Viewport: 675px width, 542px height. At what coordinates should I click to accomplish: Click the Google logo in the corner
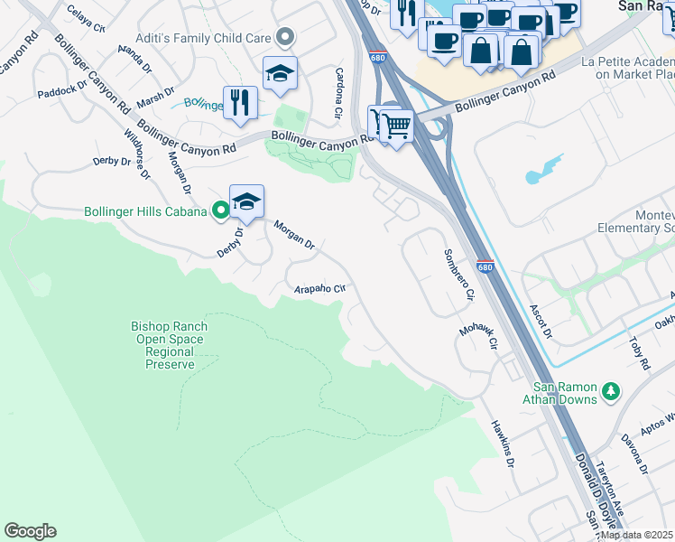tap(30, 531)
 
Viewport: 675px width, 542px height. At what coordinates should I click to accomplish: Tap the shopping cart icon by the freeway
tap(395, 126)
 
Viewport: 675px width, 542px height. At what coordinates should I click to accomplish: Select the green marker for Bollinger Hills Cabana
tap(219, 211)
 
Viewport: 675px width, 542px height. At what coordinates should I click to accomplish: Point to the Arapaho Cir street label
tap(320, 289)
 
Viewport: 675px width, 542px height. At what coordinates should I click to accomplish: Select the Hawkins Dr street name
tap(503, 444)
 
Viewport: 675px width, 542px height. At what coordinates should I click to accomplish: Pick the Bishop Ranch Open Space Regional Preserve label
tap(170, 345)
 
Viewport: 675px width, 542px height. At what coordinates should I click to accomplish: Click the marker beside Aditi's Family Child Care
tap(286, 37)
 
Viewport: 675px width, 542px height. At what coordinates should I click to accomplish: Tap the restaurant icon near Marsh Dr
tap(239, 102)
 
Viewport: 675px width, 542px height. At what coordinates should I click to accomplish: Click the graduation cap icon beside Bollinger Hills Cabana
tap(246, 201)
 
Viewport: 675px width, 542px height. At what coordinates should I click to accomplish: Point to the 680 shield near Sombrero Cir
tap(485, 266)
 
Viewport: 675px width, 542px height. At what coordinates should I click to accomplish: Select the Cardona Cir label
tap(339, 94)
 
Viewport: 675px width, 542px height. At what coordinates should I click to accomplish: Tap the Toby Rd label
tap(640, 353)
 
